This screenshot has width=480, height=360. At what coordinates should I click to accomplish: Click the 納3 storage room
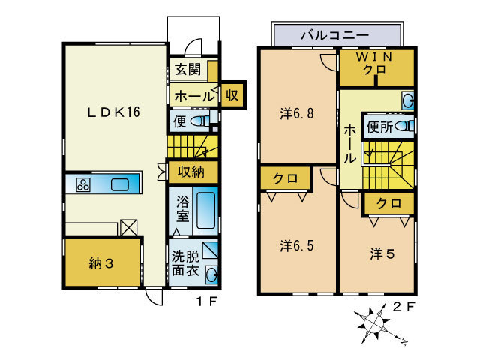coord(101,262)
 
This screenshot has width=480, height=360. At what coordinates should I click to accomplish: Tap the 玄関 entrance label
coord(187,70)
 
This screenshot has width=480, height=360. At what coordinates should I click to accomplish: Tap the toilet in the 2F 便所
coord(403,126)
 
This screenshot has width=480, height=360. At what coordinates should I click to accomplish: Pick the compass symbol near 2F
coord(372,323)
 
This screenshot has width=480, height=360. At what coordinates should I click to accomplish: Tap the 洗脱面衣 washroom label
coord(185,262)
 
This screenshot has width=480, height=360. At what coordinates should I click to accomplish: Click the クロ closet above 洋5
coord(388,203)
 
